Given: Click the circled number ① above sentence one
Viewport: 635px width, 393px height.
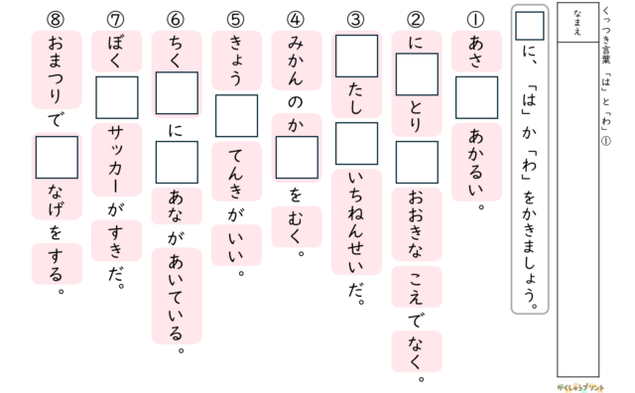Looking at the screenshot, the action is pos(476,19).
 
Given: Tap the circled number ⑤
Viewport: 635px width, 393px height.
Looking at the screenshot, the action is pos(236,19).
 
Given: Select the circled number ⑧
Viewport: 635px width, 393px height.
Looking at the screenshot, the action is pos(56,19).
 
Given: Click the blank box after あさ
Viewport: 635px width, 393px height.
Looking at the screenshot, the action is pos(476,97).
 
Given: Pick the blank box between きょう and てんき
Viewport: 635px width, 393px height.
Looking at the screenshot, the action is pos(236,116).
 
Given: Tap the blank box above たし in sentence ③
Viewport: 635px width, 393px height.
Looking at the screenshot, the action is pos(356,56).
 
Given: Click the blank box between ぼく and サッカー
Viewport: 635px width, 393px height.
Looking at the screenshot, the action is pos(117,97).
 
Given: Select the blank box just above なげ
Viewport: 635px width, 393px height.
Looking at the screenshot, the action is pos(57,157).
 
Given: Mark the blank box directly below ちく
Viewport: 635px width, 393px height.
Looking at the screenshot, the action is pos(177,93).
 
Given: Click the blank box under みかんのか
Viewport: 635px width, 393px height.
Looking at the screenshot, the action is pos(297,157).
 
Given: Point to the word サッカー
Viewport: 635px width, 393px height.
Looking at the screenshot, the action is pos(116,160).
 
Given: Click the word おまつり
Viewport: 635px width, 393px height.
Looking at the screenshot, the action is pos(56,69).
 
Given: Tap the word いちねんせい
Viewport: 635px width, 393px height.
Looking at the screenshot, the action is pos(355,221).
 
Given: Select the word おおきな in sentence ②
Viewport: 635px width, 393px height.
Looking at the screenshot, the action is pos(416,224).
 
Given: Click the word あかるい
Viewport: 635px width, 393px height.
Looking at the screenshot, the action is pos(476,162).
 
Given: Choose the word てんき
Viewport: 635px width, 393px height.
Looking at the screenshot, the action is pos(236,172).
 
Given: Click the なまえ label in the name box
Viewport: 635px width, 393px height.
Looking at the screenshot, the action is pos(577,22).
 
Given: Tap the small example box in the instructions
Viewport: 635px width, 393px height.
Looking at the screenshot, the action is pos(529,26).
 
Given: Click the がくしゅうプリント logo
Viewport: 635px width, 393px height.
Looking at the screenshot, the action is pos(579,387).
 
